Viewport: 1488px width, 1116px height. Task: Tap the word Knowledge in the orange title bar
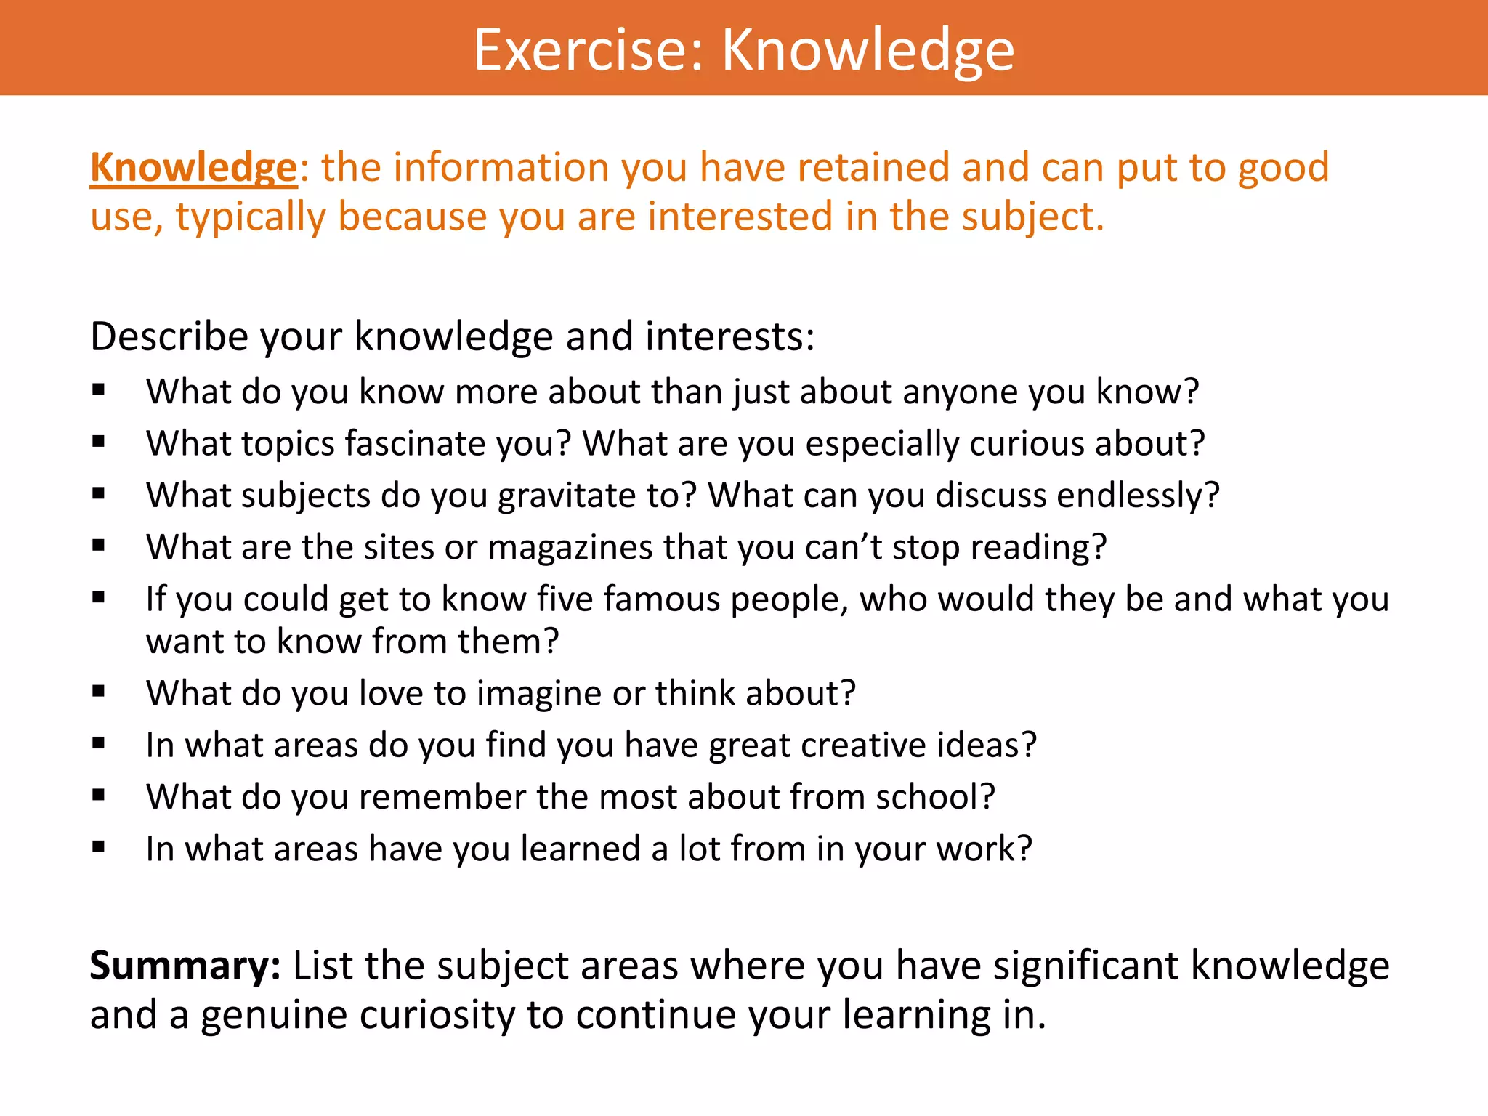[x=868, y=49]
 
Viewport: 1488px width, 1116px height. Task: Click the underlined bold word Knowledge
[x=193, y=168]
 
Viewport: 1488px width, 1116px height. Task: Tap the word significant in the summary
[x=1085, y=966]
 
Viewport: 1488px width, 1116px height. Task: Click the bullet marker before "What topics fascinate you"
[x=99, y=441]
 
